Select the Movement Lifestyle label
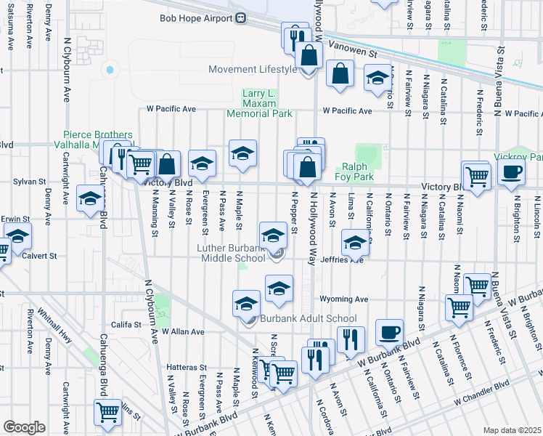tap(253, 70)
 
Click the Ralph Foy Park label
tap(354, 171)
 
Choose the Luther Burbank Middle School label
tap(232, 253)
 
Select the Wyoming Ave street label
tap(345, 299)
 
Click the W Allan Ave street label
tap(183, 331)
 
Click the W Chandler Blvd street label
tap(483, 392)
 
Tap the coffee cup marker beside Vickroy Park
tap(512, 174)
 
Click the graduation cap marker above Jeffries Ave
tap(356, 243)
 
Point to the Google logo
tap(24, 427)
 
